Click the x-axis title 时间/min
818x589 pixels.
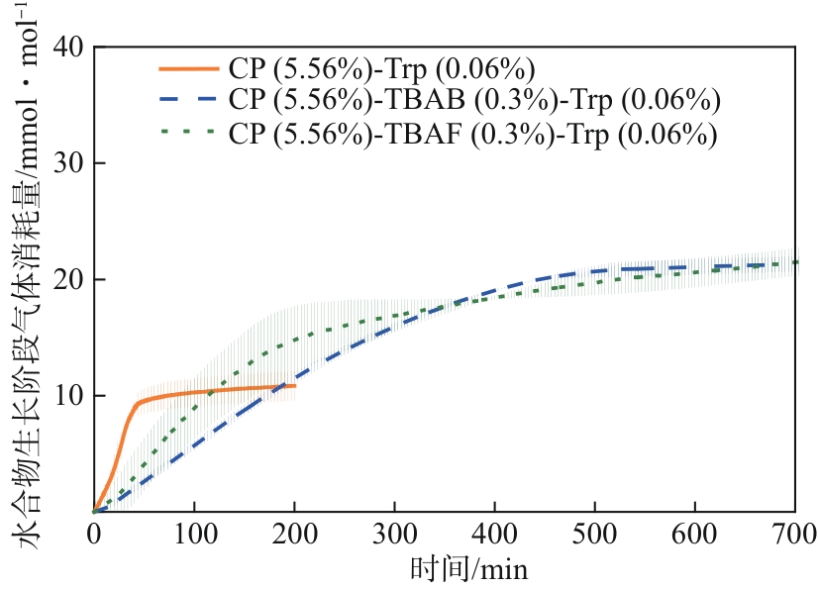click(x=468, y=570)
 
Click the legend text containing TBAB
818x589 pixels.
click(x=473, y=100)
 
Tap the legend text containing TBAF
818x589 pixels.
click(x=471, y=133)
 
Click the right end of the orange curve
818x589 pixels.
click(x=295, y=385)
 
